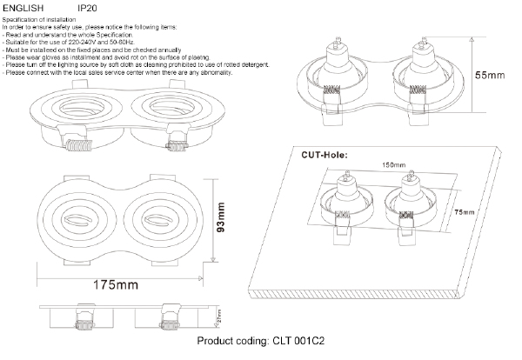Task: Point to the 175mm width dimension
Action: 117,284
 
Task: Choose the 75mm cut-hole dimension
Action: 464,212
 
